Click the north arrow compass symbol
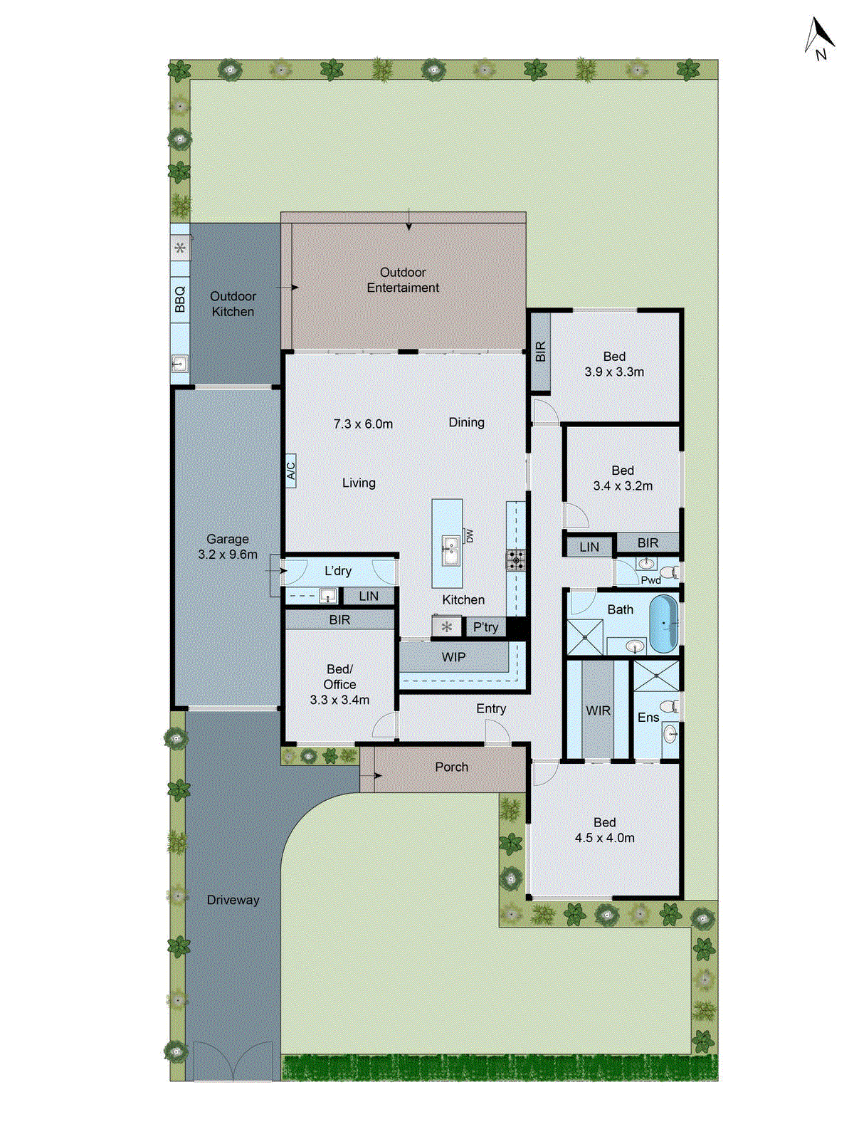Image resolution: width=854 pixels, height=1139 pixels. [x=820, y=38]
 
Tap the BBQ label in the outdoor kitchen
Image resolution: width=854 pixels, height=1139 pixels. [x=180, y=299]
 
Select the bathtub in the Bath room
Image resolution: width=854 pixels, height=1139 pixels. [x=663, y=624]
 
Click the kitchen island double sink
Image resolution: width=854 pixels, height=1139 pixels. [x=450, y=550]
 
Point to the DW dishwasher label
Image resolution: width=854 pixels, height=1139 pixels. [x=469, y=535]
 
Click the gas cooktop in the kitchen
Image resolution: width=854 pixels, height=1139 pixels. [x=515, y=560]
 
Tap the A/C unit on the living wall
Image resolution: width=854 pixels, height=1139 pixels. [x=290, y=471]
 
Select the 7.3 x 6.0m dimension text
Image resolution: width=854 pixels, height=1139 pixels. [x=363, y=424]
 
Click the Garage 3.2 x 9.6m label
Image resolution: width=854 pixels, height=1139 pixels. [x=228, y=547]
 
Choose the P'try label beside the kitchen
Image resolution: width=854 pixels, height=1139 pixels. [x=485, y=627]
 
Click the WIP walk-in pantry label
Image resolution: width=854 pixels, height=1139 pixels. [x=453, y=657]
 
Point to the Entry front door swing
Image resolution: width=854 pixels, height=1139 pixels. [x=495, y=732]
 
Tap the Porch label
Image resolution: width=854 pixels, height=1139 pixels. [x=451, y=767]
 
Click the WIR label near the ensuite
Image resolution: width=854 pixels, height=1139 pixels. [x=598, y=710]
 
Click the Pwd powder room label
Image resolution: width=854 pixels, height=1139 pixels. [x=650, y=580]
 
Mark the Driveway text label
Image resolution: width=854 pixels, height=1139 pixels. [x=233, y=900]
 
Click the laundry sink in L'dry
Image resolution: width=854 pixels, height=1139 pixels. [x=327, y=595]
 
